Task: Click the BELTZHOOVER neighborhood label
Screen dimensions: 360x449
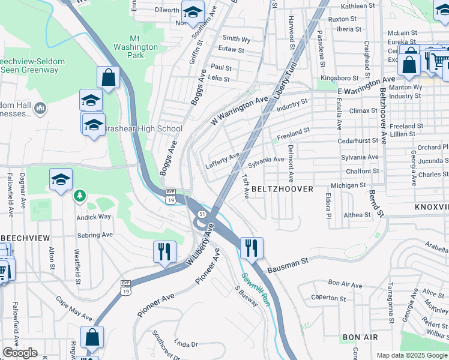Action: (282, 189)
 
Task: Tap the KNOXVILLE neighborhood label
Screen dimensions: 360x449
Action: (431, 206)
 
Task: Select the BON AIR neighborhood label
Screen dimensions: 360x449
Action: (360, 338)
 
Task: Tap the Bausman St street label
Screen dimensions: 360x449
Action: (288, 263)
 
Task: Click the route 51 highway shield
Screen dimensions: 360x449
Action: (203, 214)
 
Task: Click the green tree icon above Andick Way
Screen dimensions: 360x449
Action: (79, 196)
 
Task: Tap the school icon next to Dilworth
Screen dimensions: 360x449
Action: (193, 12)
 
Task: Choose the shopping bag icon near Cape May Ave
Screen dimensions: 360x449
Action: (92, 337)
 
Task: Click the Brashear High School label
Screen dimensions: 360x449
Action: (143, 129)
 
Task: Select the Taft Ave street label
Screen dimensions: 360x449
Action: (246, 187)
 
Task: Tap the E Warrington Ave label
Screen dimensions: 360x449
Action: (366, 85)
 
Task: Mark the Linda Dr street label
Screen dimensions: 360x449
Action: (185, 344)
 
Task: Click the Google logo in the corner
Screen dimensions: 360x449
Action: (20, 353)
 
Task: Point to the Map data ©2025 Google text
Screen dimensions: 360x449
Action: (411, 355)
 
